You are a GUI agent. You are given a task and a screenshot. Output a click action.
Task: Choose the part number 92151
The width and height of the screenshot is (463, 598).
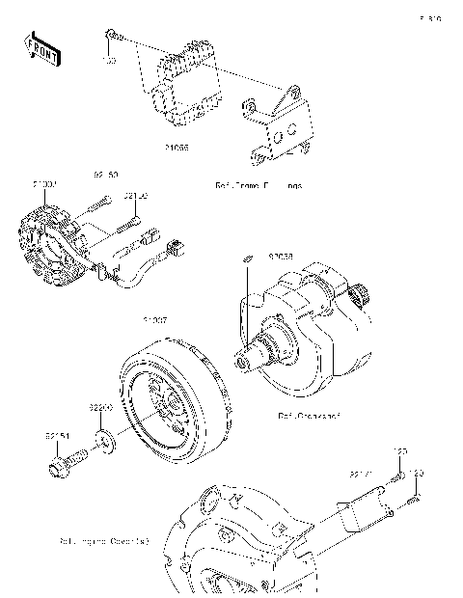pyautogui.click(x=56, y=436)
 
